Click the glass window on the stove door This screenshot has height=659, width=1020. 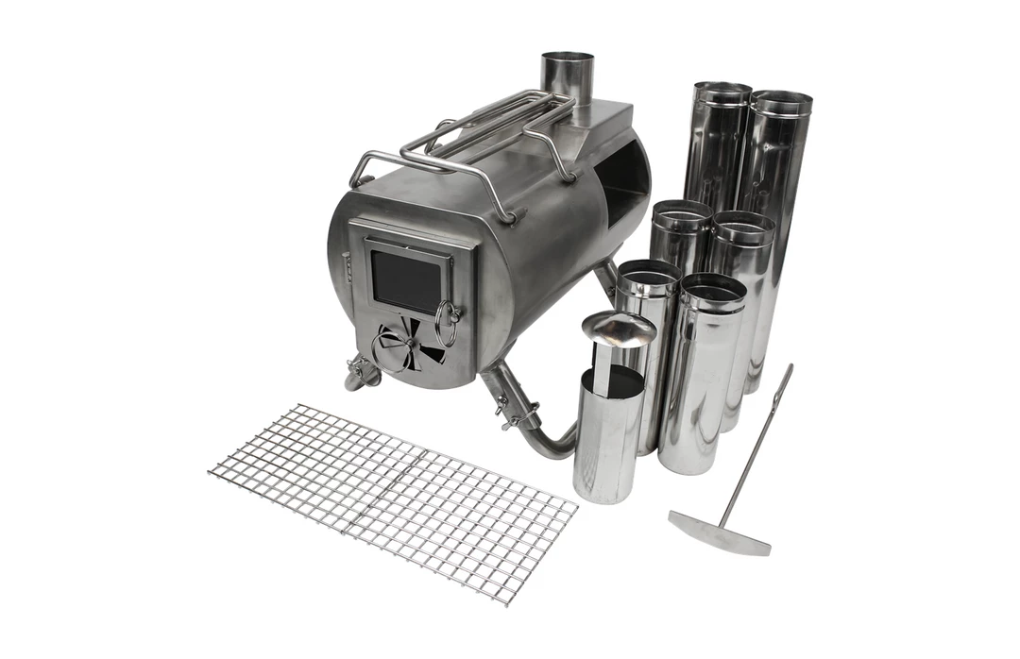tap(404, 281)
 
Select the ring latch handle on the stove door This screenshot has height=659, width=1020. tap(448, 323)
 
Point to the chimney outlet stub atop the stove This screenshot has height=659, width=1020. tap(567, 76)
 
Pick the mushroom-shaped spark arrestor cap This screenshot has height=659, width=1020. tap(619, 328)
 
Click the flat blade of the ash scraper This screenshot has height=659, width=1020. tap(720, 533)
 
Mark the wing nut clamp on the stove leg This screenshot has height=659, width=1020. tap(517, 413)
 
